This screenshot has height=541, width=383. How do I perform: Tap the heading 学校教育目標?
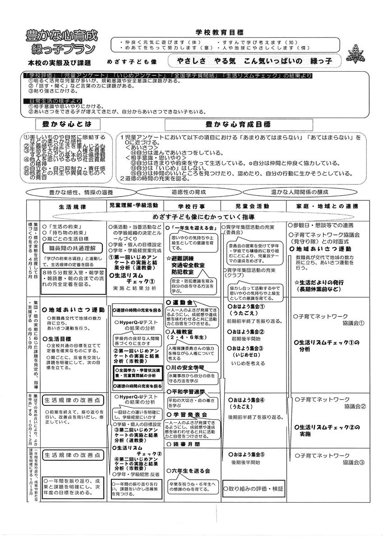(219, 32)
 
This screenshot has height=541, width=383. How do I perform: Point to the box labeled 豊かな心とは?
(69, 124)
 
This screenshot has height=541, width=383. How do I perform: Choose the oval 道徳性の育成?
(188, 192)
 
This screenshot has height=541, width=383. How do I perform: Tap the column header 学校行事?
(192, 206)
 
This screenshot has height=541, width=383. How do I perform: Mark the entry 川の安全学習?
(185, 367)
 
